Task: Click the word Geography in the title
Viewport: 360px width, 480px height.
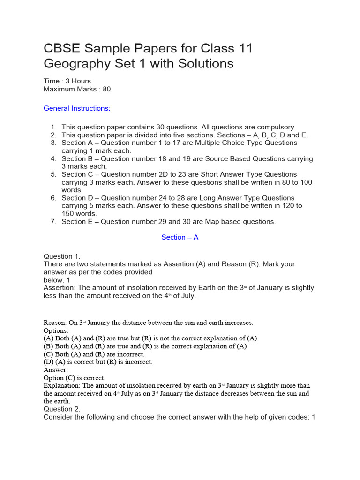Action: point(73,63)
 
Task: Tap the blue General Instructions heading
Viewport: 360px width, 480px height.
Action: point(77,108)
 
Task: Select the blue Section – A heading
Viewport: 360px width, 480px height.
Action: point(180,237)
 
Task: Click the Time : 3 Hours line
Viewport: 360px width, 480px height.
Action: point(67,81)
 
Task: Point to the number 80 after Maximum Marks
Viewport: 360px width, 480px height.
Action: point(106,89)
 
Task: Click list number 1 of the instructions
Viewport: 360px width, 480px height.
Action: point(53,127)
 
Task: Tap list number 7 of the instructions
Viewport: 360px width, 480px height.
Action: point(53,222)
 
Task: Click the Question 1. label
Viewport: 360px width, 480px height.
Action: point(62,256)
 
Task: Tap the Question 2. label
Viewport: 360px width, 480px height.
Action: point(62,409)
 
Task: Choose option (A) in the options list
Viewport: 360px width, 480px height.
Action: point(49,338)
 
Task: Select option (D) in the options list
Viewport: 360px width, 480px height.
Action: point(49,362)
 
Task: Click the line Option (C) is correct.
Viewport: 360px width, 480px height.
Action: point(75,378)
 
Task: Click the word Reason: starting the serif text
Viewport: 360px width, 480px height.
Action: point(54,322)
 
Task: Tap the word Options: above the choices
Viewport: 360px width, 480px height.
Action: point(56,330)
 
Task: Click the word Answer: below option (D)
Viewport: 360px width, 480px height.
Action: point(56,370)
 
